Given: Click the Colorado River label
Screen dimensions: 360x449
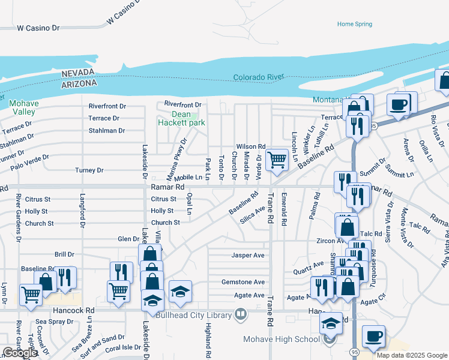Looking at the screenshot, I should point(258,77).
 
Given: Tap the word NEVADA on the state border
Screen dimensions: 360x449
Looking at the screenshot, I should point(79,73).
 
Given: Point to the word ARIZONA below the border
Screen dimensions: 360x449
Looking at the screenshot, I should point(79,84).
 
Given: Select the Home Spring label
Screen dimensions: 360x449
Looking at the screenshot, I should point(354,24).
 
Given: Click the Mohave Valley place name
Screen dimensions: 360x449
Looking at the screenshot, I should point(24,107).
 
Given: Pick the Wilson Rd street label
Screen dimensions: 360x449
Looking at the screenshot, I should point(250,146).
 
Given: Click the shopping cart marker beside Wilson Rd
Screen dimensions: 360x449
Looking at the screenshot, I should point(277,160).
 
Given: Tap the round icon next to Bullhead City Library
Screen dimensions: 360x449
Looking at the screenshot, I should point(240,314).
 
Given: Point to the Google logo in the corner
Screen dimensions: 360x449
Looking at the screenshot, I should point(20,353).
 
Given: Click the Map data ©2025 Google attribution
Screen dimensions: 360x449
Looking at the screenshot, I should point(412,355).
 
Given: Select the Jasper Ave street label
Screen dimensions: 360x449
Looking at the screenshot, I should point(248,255).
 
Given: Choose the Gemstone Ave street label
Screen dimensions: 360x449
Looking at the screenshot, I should point(243,282).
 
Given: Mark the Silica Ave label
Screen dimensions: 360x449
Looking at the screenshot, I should point(253,211).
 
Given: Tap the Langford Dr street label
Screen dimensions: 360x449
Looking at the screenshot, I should point(82,209).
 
